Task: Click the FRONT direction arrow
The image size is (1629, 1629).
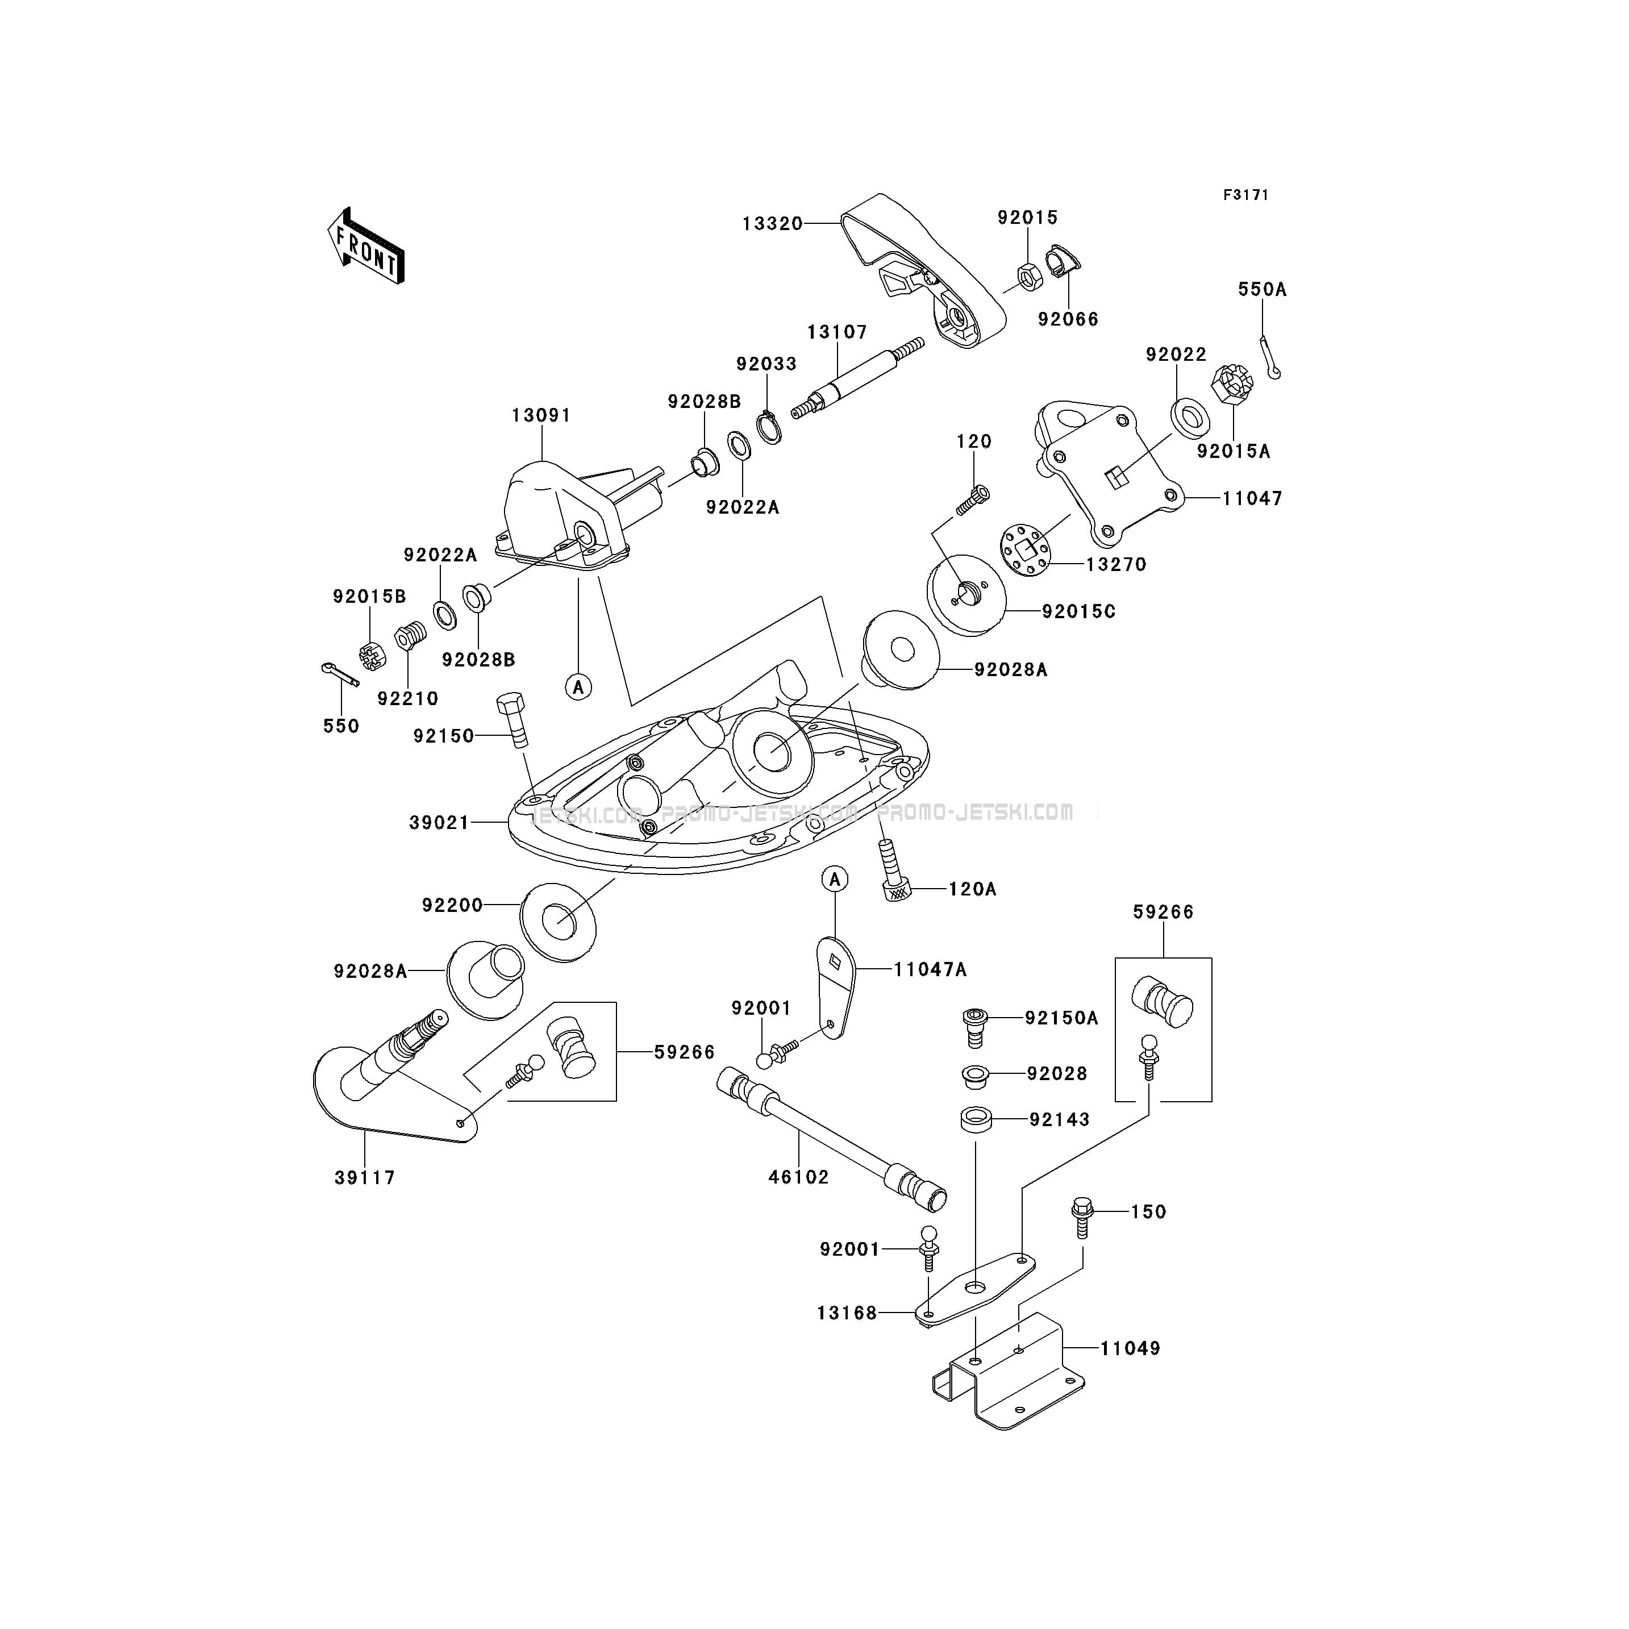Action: click(366, 246)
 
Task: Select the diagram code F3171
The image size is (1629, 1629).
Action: click(1246, 195)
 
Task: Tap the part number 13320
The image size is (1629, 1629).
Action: click(772, 224)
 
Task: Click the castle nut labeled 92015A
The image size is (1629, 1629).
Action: click(1231, 385)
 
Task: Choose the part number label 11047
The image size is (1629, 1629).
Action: click(1252, 498)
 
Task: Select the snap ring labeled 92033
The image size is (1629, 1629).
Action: click(768, 427)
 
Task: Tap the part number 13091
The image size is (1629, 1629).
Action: click(541, 416)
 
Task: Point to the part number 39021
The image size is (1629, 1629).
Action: click(439, 822)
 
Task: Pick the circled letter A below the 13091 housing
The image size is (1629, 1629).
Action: click(578, 687)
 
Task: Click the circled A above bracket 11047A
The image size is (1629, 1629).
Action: click(835, 880)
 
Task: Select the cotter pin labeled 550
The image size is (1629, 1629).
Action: click(341, 674)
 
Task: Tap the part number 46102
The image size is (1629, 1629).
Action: click(798, 1177)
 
